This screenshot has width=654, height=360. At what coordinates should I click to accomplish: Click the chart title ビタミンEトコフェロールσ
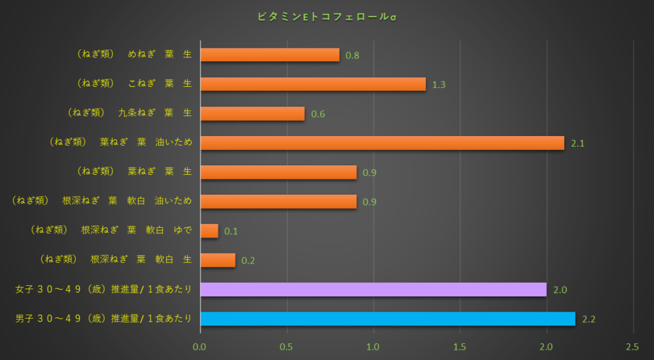[326, 16]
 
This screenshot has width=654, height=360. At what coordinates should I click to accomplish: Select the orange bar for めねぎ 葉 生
[270, 55]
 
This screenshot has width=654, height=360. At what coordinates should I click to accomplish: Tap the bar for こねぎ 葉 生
[313, 84]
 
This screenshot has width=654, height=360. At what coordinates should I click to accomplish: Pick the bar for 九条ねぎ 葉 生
[252, 114]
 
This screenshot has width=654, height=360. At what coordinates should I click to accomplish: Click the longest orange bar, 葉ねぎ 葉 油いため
[382, 143]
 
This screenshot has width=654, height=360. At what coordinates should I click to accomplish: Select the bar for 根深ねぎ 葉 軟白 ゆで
[209, 231]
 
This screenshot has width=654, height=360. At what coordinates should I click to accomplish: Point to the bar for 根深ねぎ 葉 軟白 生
[218, 260]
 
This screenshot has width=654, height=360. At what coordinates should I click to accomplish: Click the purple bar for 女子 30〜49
[374, 290]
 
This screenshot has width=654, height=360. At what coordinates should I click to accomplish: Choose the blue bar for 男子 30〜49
[388, 319]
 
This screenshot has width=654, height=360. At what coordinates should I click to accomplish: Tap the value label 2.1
[578, 144]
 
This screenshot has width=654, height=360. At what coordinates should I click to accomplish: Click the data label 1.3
[439, 85]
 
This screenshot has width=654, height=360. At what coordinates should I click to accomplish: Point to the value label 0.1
[231, 232]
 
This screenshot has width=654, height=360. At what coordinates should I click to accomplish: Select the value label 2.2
[589, 320]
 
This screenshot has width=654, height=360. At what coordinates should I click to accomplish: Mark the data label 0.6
[318, 114]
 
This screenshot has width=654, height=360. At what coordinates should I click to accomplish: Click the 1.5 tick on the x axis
[460, 347]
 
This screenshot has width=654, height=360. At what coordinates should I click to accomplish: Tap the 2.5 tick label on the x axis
[632, 347]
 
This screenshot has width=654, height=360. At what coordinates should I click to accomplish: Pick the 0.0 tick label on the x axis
[200, 347]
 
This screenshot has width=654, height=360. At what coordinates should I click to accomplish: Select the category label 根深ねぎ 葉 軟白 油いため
[102, 202]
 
